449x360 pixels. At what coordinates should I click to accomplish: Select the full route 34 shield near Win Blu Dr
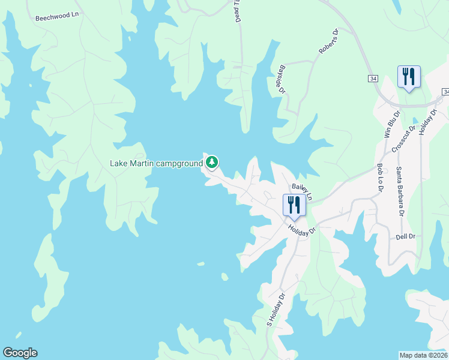[x=373, y=79]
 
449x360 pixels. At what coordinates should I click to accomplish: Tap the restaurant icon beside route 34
[x=409, y=77]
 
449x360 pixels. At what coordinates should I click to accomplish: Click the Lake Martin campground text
[x=156, y=163]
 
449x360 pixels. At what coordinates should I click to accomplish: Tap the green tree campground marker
[x=211, y=162]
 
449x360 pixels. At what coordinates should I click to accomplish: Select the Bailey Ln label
[x=302, y=191]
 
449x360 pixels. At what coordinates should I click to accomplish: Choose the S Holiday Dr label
[x=274, y=309]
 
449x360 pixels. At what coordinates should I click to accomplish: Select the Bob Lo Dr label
[x=380, y=178]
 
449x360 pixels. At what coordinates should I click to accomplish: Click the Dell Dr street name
[x=406, y=236]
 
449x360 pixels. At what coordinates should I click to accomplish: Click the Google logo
[x=20, y=353]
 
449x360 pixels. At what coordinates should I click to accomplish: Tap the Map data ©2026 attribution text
[x=423, y=355]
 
